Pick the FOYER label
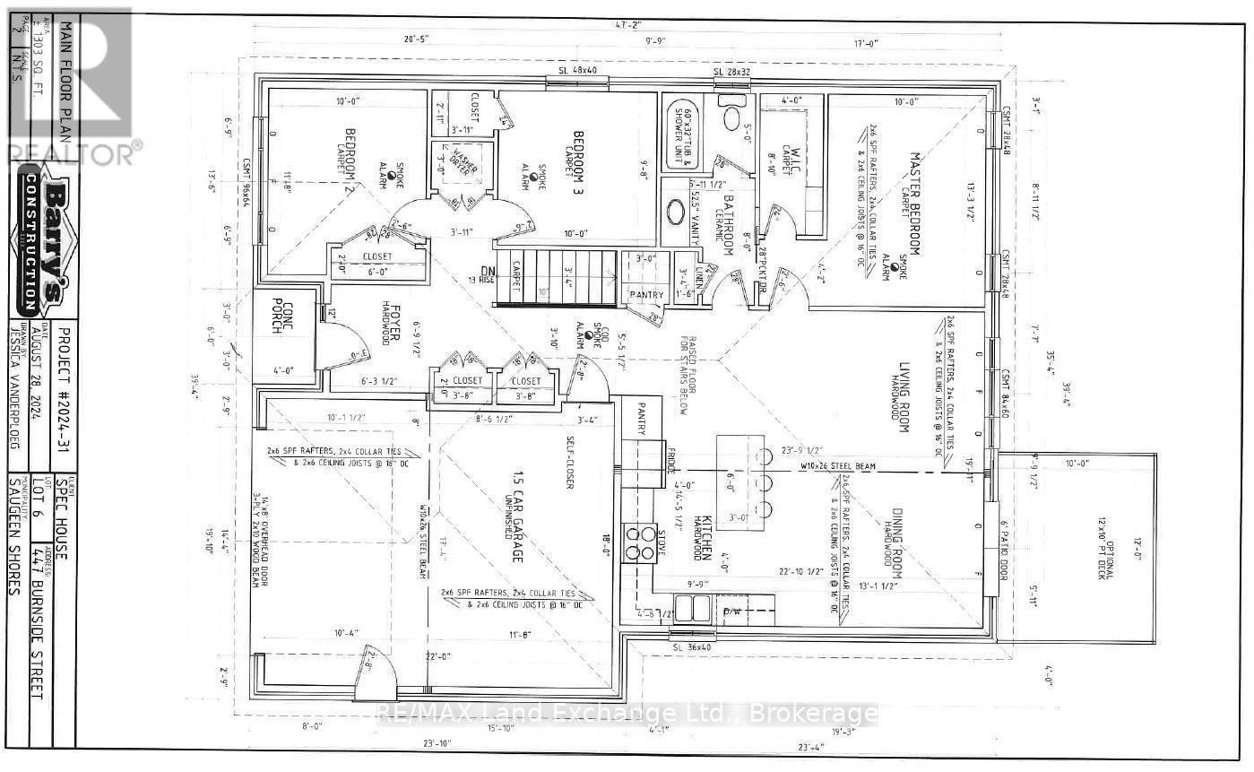click(x=394, y=324)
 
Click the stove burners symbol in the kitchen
click(x=640, y=543)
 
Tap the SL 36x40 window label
click(x=691, y=646)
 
